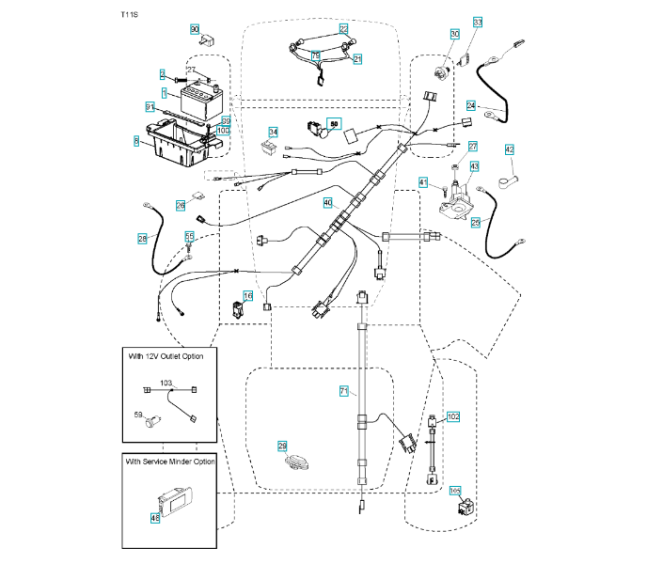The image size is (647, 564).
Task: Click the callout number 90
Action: coord(196,29)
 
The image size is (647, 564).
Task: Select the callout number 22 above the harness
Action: coord(343,29)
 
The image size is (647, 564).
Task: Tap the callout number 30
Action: coord(454,34)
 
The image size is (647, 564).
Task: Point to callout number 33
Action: coord(477,22)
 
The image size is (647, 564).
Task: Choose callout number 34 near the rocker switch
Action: coord(273,132)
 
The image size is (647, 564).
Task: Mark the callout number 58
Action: coord(332,122)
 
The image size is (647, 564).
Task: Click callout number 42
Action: coord(509,149)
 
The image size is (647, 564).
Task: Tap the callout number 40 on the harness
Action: coord(328,202)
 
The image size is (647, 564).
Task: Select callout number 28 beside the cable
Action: coord(142,240)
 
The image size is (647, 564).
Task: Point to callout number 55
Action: coord(189,237)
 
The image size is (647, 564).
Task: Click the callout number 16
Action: coord(247,295)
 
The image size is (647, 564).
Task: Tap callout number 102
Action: coord(453,415)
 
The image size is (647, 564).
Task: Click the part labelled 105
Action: coord(463,509)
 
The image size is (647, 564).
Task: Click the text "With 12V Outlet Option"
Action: coord(169,355)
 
